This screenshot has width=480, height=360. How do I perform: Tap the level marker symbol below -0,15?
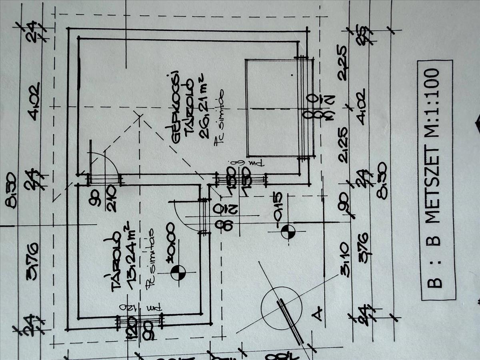coord(288,231)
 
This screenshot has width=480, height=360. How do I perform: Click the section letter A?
coord(318,314)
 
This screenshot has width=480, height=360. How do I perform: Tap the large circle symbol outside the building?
coord(282,308)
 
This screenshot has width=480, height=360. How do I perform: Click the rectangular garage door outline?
coord(272,108)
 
